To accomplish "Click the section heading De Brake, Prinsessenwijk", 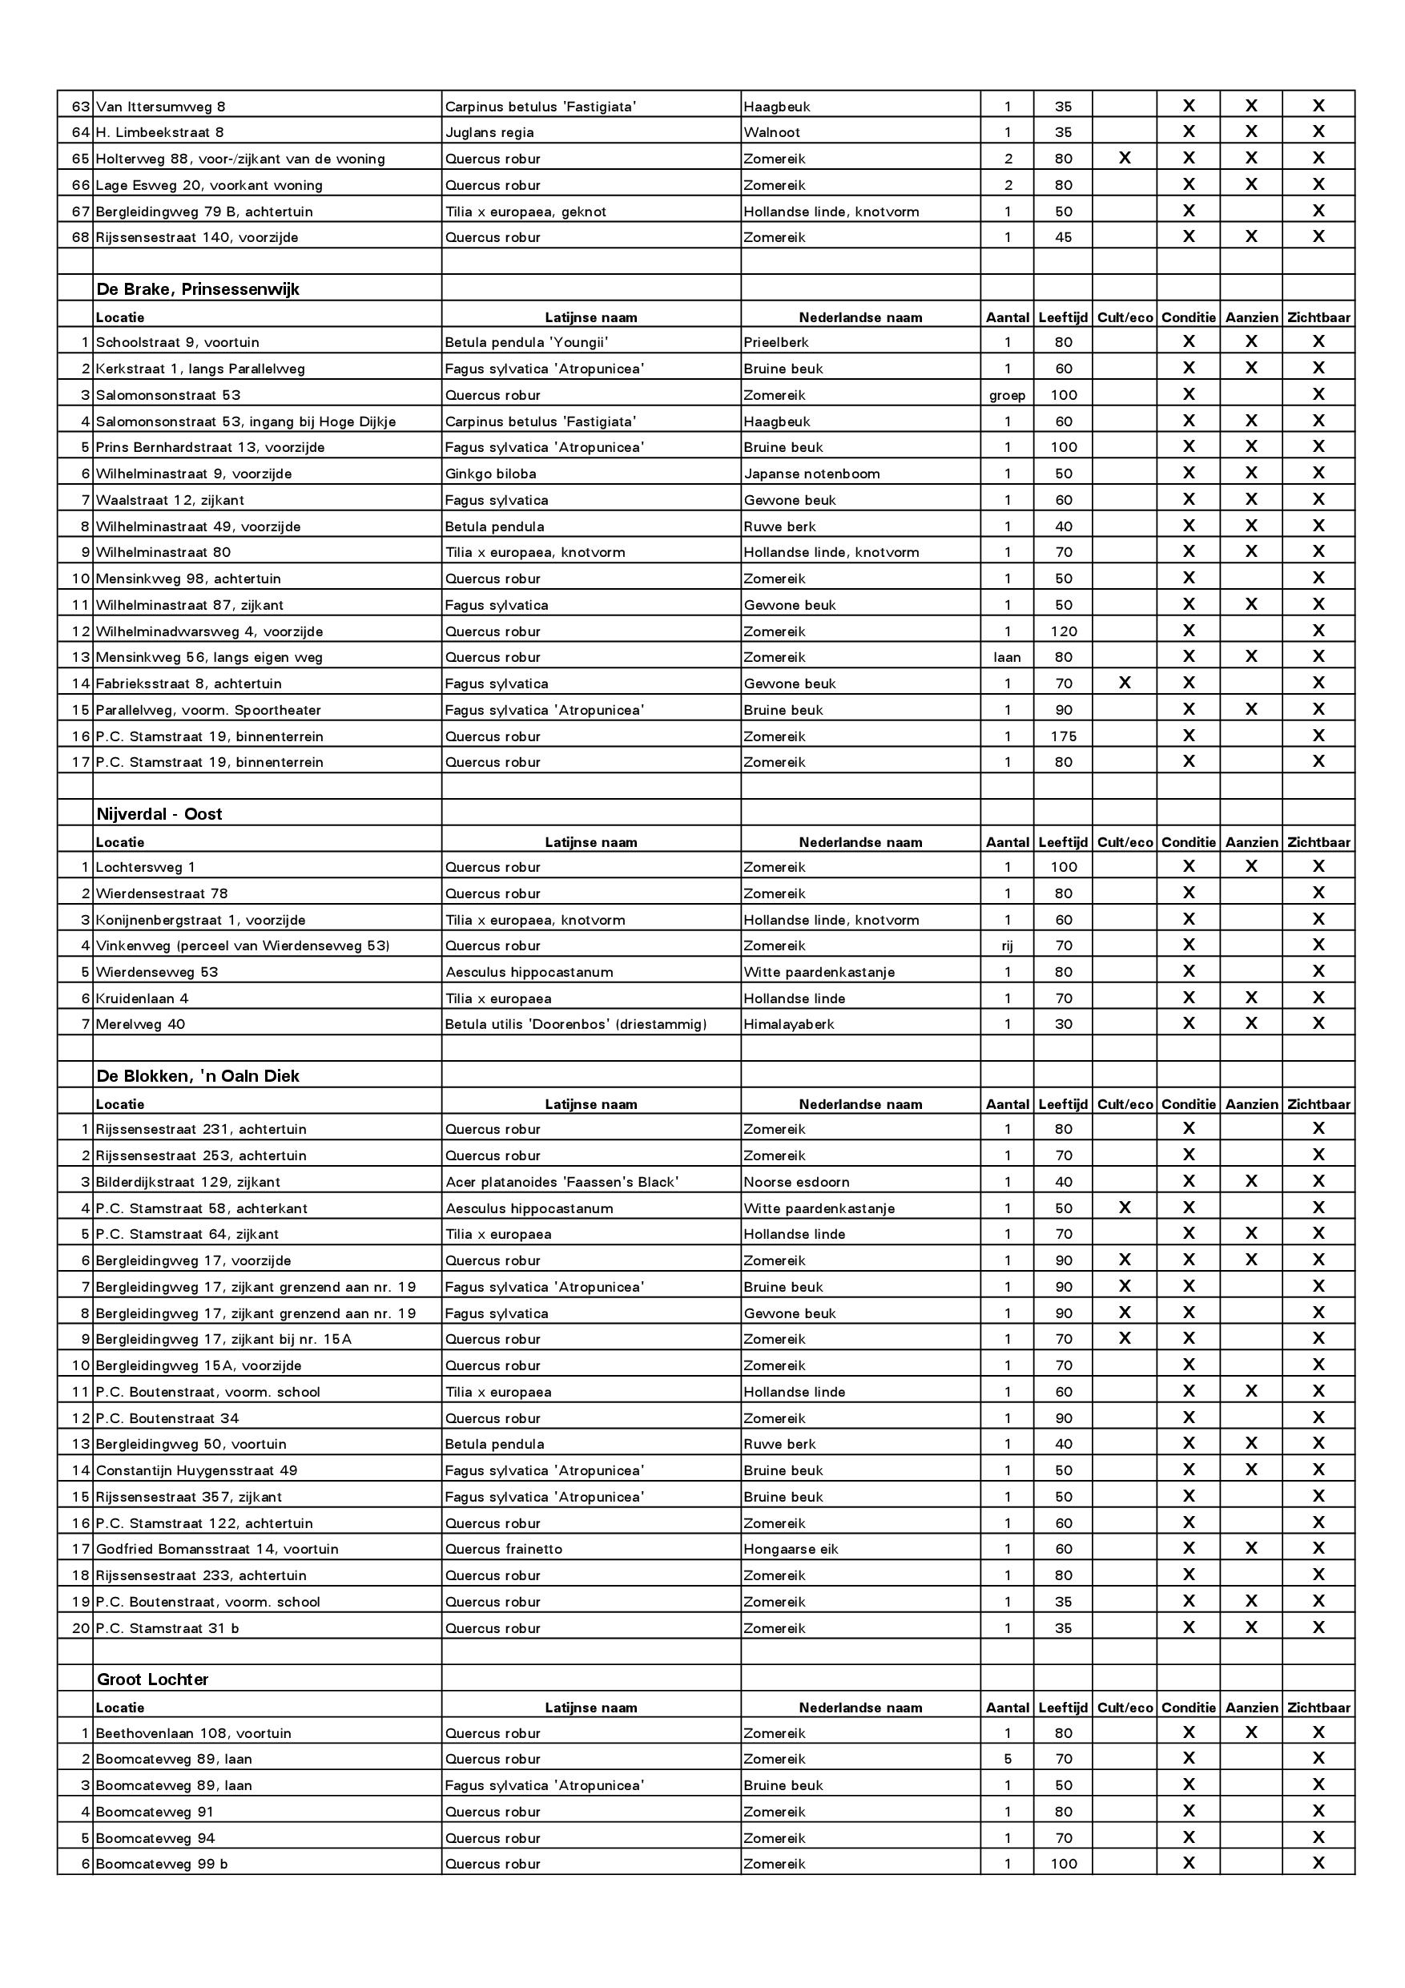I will pyautogui.click(x=197, y=289).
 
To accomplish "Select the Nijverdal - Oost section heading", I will pyautogui.click(x=159, y=814).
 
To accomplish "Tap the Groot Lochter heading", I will pyautogui.click(x=152, y=1679).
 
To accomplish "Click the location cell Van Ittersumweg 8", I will pyautogui.click(x=160, y=107).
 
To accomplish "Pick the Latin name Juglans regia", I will pyautogui.click(x=489, y=132).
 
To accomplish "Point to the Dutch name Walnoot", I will pyautogui.click(x=771, y=132).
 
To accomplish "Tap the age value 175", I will pyautogui.click(x=1063, y=736).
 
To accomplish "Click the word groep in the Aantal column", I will pyautogui.click(x=1007, y=395).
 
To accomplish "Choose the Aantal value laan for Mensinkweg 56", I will pyautogui.click(x=1007, y=657).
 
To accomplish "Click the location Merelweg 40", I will pyautogui.click(x=140, y=1023).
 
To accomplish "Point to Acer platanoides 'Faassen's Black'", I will pyautogui.click(x=562, y=1182).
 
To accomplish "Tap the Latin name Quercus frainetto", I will pyautogui.click(x=503, y=1549).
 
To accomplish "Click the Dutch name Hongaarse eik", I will pyautogui.click(x=791, y=1549).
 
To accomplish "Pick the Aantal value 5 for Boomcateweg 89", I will pyautogui.click(x=1007, y=1759).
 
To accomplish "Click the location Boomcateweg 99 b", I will pyautogui.click(x=161, y=1863).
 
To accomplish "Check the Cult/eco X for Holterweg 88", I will pyautogui.click(x=1125, y=159).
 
